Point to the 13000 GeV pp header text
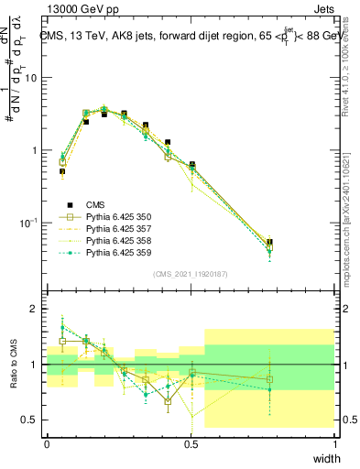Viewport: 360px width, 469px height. pos(80,8)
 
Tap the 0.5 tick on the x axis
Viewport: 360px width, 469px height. pos(191,443)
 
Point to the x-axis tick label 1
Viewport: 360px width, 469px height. pos(335,443)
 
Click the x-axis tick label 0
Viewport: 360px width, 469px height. pos(47,443)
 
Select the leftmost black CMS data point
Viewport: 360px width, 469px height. pos(62,171)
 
